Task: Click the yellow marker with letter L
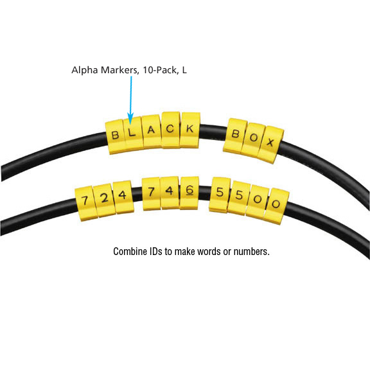point(132,134)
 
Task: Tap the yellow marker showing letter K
point(190,130)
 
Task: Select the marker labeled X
point(270,144)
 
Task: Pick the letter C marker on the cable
point(171,129)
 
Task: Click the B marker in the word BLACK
point(115,137)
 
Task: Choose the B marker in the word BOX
point(235,135)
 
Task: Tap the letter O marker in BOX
point(253,139)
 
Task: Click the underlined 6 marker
point(189,193)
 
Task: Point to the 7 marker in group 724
point(85,203)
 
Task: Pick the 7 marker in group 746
point(151,193)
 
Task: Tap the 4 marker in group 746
point(170,192)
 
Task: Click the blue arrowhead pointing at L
point(130,118)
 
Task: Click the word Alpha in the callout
point(85,70)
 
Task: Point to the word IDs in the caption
point(156,252)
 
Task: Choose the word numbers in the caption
point(251,252)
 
